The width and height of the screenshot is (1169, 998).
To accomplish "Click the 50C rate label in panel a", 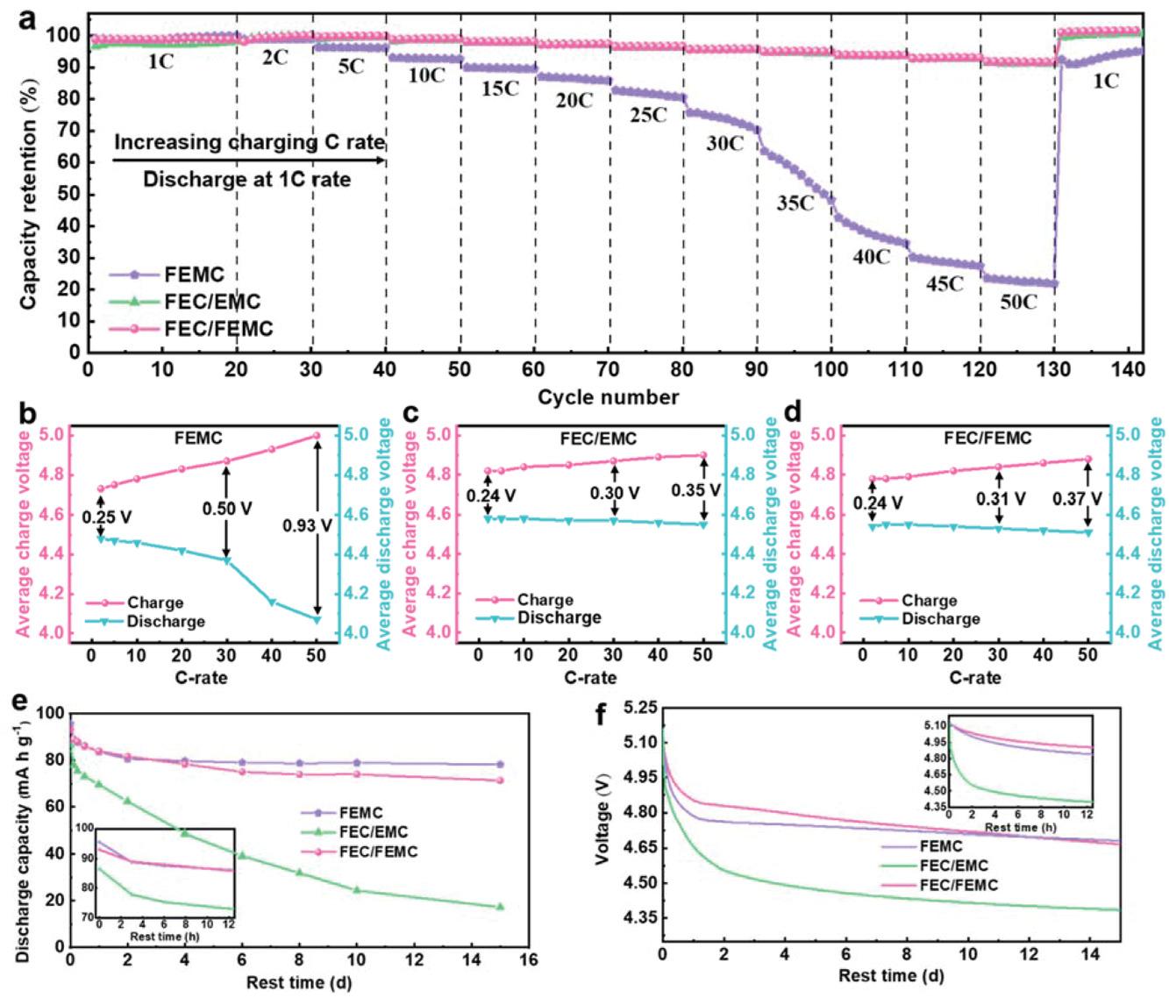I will click(1018, 303).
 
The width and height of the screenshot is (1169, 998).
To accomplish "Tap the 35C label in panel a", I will click(795, 203).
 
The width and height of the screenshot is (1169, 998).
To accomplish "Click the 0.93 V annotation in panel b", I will click(308, 526).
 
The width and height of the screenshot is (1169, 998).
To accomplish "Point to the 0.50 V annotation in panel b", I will click(226, 509).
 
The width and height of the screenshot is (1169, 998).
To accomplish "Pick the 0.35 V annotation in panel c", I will click(696, 490).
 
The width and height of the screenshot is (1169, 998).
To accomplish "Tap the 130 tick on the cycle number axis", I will click(1054, 369).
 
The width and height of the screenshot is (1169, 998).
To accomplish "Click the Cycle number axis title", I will click(609, 397).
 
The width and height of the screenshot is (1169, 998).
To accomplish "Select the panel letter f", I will click(602, 715).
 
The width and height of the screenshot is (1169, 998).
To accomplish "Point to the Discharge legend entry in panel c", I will click(559, 617).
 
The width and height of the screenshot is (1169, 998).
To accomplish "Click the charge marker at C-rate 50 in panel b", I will click(317, 436).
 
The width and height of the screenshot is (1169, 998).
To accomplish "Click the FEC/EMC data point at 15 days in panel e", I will click(500, 906).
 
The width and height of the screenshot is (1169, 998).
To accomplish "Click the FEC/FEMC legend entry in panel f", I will click(959, 885).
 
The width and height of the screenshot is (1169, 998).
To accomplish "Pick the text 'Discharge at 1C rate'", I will click(246, 180).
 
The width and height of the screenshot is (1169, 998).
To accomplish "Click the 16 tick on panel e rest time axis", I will click(527, 959).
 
